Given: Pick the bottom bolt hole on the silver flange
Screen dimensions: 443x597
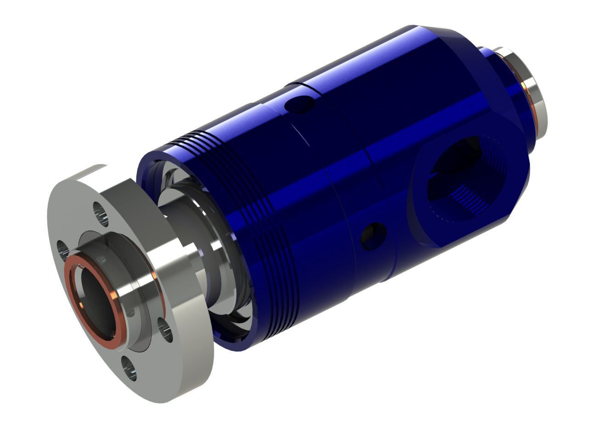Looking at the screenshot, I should (129, 369).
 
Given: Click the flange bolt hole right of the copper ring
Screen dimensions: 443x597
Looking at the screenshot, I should (165, 329).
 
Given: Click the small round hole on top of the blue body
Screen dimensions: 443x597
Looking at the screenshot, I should (299, 104).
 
